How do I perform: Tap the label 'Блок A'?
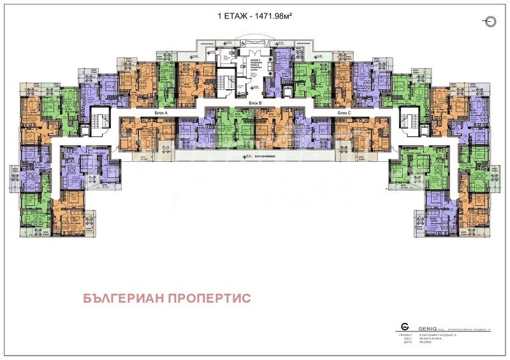(x=161, y=113)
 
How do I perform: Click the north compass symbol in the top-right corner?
(x=489, y=22)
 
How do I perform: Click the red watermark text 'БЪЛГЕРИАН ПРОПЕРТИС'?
(x=167, y=298)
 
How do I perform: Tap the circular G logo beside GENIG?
(x=404, y=326)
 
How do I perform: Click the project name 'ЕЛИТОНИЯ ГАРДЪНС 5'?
(x=435, y=335)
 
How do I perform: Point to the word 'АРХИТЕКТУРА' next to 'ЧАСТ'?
(x=430, y=338)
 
